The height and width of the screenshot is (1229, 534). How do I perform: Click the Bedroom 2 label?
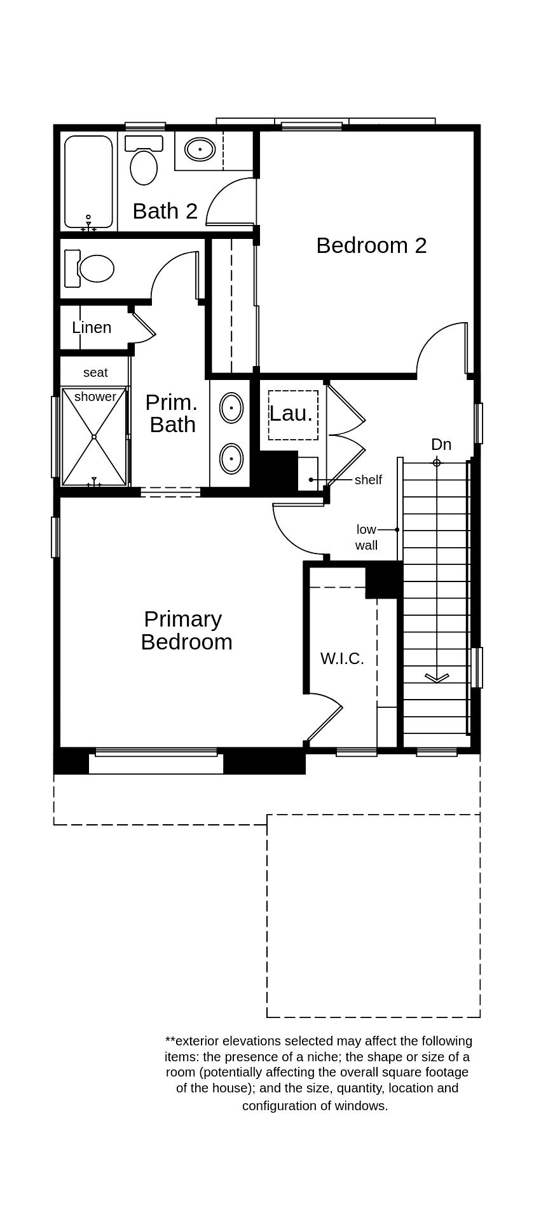click(x=371, y=245)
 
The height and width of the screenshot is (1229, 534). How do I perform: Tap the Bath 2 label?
click(x=165, y=211)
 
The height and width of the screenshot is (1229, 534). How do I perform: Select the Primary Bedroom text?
click(x=186, y=630)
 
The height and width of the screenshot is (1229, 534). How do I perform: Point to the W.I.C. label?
click(x=342, y=658)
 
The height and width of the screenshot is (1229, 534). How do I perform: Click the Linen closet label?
click(x=92, y=327)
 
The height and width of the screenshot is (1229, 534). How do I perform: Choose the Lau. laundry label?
click(x=291, y=414)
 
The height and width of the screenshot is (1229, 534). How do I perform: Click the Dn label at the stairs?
click(x=441, y=444)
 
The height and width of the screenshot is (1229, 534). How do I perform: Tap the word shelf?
click(x=368, y=480)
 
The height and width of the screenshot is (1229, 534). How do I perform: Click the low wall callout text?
click(x=366, y=537)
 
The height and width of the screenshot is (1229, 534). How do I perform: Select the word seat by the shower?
click(x=95, y=372)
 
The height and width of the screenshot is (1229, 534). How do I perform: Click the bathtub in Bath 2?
click(x=88, y=180)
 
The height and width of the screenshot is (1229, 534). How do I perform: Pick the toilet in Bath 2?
click(x=144, y=164)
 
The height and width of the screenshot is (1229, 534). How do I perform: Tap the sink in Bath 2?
click(x=200, y=149)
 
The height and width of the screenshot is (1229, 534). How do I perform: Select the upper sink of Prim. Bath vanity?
click(x=231, y=407)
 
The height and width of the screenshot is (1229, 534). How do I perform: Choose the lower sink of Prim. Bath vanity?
click(x=231, y=458)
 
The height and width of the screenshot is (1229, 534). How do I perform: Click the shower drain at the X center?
click(x=94, y=437)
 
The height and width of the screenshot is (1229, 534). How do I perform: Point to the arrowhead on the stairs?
click(x=437, y=679)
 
